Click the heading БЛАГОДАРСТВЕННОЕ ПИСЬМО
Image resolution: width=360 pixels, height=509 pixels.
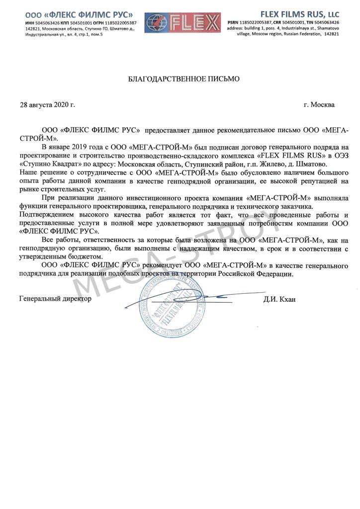(184, 79)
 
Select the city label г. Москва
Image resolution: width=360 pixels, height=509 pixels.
(319, 105)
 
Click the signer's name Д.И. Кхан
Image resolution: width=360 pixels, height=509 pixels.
(280, 300)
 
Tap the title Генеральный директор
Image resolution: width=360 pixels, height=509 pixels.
(55, 299)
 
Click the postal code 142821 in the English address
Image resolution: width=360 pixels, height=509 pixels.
(331, 34)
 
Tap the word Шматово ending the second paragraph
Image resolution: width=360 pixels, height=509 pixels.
(311, 164)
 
